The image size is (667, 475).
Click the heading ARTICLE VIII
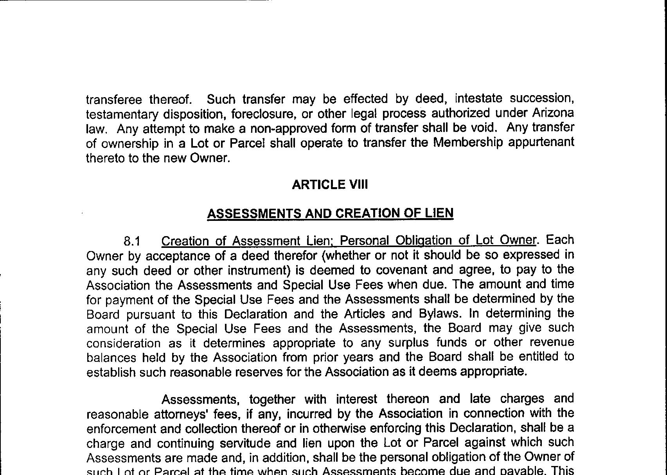click(330, 184)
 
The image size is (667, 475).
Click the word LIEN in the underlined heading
click(439, 213)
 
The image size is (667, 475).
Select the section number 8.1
click(132, 241)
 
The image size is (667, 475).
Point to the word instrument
click(252, 271)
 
